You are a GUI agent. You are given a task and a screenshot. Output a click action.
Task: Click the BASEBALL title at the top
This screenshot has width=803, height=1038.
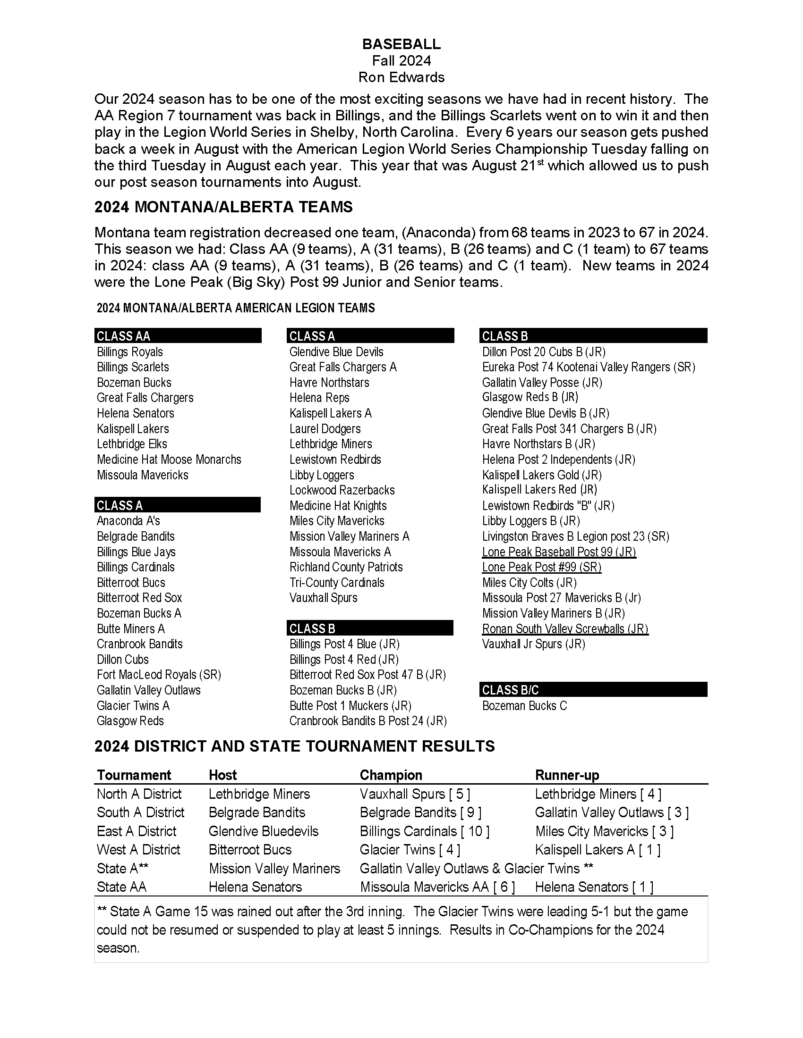pos(401,44)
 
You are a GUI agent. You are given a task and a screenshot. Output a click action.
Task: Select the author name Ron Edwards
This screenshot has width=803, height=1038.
pos(401,77)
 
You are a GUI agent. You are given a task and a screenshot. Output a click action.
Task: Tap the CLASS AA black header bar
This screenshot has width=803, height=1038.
pos(178,336)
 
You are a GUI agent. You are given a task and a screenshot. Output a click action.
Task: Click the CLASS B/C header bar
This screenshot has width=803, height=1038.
pos(593,690)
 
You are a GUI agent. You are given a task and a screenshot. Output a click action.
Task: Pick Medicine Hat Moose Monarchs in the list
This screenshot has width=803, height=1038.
pos(169,460)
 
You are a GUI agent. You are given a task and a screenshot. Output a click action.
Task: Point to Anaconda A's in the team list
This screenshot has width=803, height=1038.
pos(128,521)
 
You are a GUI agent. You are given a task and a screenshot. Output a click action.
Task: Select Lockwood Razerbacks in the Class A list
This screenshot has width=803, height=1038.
pos(342,490)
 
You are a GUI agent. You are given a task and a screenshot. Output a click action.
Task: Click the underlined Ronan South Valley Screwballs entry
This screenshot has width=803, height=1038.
pos(565,629)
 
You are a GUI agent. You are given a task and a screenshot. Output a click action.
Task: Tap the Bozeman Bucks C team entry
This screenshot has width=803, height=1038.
pos(524,706)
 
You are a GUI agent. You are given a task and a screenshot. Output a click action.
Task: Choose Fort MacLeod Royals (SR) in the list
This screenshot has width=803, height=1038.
pos(159,675)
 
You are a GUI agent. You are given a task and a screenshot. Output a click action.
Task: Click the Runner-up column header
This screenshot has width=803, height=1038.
pos(567,775)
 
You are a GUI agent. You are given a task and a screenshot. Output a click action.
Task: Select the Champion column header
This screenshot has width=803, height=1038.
pos(391,775)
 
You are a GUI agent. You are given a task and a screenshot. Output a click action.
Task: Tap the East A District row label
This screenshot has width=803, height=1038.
pos(137,831)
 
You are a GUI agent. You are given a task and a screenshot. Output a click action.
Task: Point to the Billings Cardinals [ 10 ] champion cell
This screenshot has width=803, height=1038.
pos(424,831)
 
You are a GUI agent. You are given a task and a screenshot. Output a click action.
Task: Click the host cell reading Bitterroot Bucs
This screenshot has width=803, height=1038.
pos(250,850)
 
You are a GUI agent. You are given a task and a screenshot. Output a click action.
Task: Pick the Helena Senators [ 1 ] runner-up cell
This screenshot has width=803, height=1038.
pos(594,887)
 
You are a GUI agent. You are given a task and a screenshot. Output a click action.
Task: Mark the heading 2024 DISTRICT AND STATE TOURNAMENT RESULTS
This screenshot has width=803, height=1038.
pos(294,746)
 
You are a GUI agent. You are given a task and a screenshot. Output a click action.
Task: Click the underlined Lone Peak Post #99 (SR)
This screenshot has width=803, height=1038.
pos(541,567)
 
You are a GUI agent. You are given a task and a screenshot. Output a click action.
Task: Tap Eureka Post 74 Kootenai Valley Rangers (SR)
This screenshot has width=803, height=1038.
pos(589,367)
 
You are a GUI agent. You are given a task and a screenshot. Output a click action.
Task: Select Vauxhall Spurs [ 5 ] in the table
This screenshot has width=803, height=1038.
pos(415,794)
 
